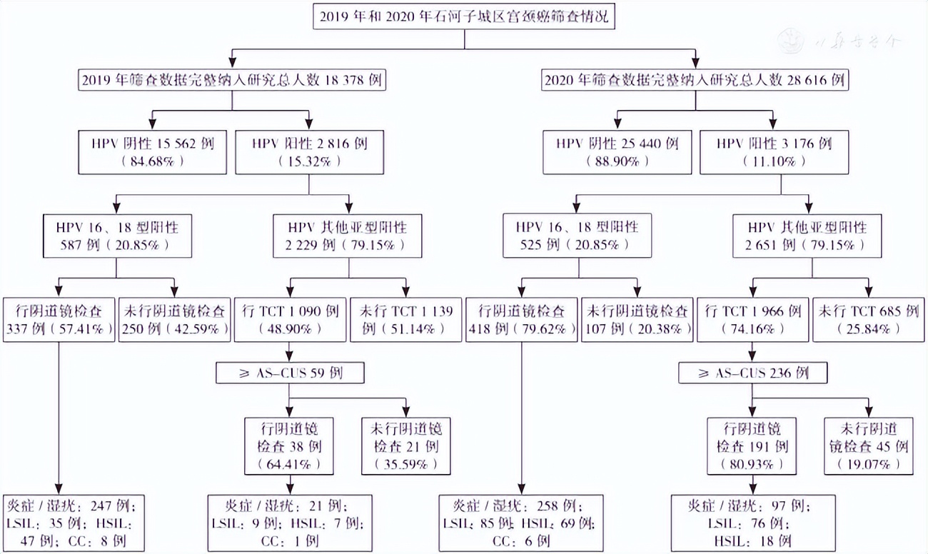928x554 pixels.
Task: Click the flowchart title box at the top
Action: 464,17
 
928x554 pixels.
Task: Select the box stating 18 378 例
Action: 231,80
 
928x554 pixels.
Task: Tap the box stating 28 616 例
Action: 695,80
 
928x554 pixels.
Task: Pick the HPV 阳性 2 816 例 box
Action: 309,152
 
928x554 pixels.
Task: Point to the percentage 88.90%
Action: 617,162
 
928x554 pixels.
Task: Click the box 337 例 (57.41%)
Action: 59,320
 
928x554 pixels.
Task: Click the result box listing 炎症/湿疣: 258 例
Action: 521,523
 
